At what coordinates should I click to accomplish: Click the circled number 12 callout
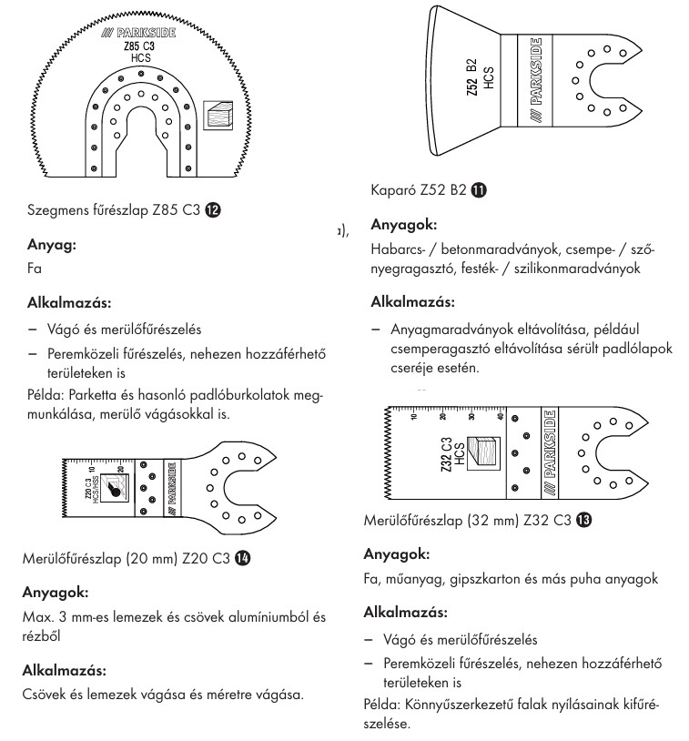pyautogui.click(x=212, y=209)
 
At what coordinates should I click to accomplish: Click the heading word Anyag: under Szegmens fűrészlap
pyautogui.click(x=53, y=245)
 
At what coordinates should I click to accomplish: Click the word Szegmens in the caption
pyautogui.click(x=60, y=210)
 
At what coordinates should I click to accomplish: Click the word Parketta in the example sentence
pyautogui.click(x=103, y=398)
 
